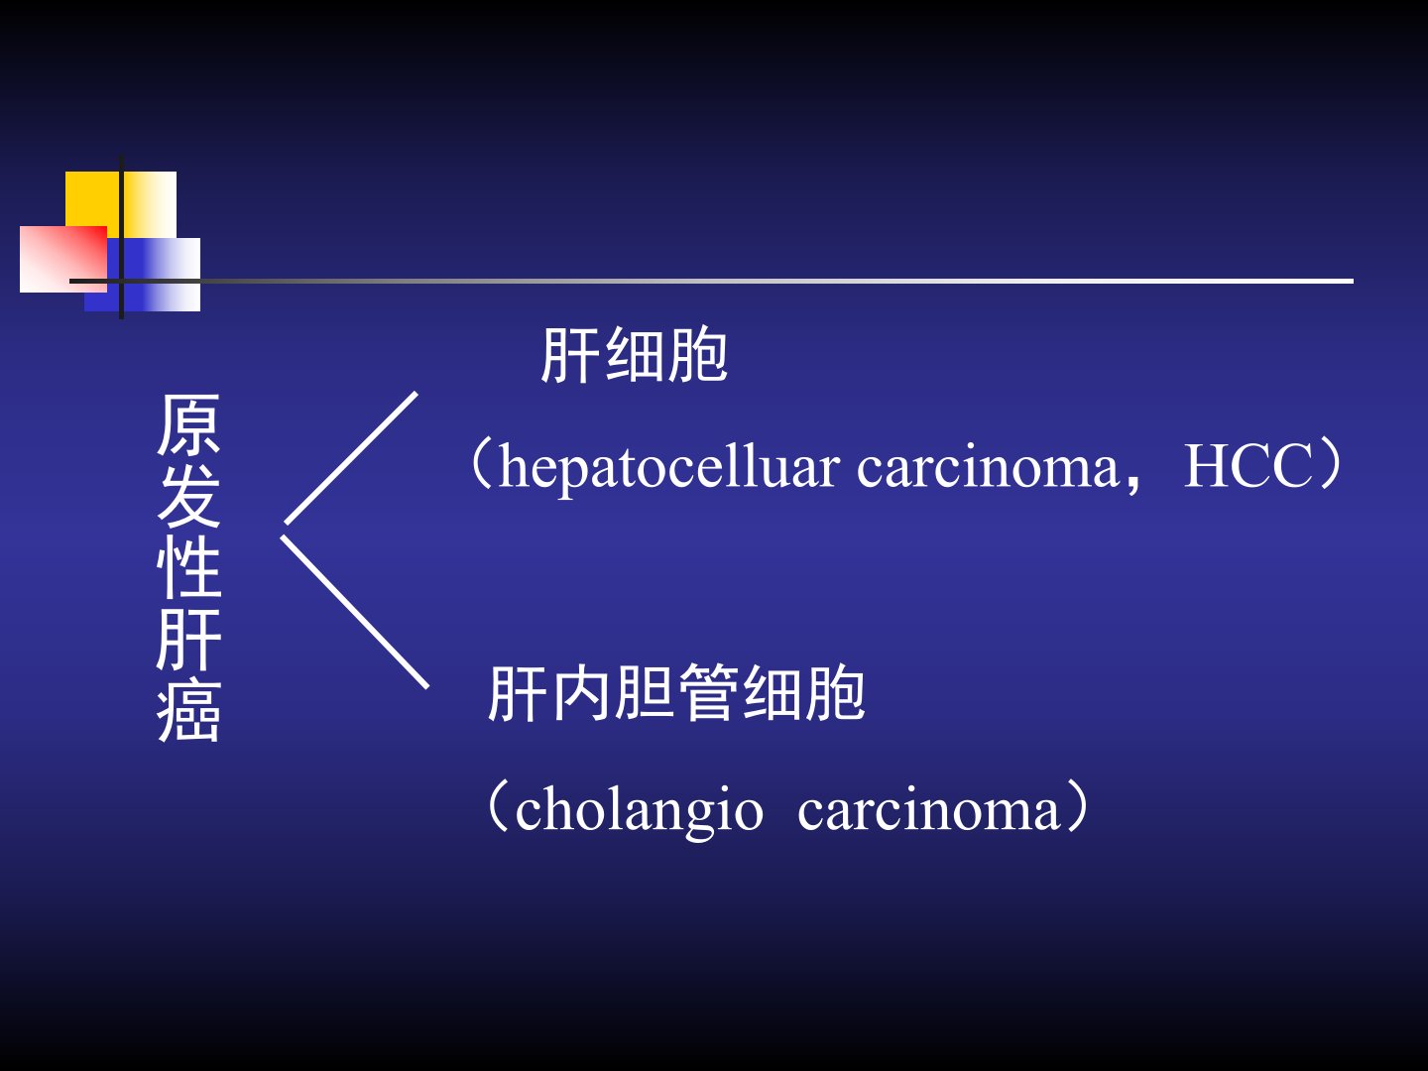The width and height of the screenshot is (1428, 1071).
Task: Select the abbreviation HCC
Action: pyautogui.click(x=1248, y=465)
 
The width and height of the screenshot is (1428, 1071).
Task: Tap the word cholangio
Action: pyautogui.click(x=639, y=809)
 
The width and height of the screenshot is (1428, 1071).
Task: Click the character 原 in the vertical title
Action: pyautogui.click(x=188, y=424)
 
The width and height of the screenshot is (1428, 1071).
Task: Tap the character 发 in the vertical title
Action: pyautogui.click(x=188, y=496)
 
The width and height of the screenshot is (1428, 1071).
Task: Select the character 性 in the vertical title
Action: pyautogui.click(x=188, y=566)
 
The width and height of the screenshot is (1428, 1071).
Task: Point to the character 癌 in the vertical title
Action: pyautogui.click(x=188, y=711)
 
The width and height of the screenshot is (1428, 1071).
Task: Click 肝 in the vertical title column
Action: pyautogui.click(x=188, y=640)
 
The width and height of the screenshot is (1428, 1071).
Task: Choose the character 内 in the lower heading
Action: pyautogui.click(x=581, y=693)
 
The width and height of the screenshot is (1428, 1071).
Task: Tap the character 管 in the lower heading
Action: pyautogui.click(x=708, y=693)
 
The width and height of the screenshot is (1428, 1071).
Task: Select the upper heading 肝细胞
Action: pyautogui.click(x=634, y=355)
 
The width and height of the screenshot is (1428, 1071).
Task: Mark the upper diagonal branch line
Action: pyautogui.click(x=351, y=458)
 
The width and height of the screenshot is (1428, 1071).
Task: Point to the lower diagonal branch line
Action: pyautogui.click(x=355, y=612)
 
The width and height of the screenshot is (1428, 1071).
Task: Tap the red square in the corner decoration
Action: pyautogui.click(x=63, y=259)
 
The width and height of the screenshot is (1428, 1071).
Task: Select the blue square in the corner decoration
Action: pyautogui.click(x=143, y=275)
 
